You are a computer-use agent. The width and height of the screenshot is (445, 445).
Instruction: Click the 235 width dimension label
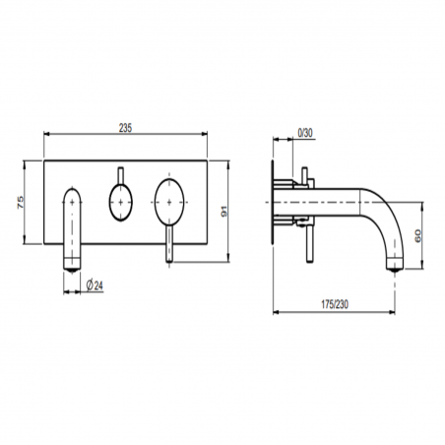(x=125, y=126)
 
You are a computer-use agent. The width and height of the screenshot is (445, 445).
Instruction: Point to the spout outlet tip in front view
(x=72, y=261)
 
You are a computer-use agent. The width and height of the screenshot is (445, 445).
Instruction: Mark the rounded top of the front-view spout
(x=74, y=191)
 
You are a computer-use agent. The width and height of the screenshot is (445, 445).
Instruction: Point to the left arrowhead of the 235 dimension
(x=47, y=137)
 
